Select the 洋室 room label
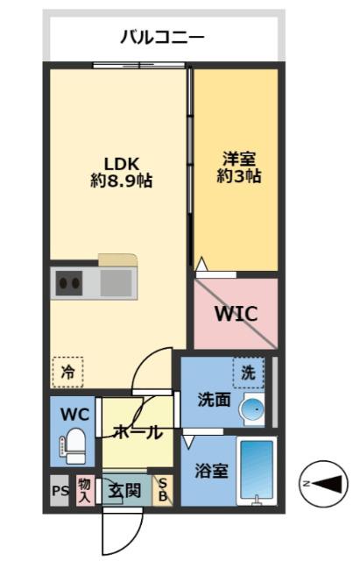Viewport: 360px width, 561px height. (x=236, y=159)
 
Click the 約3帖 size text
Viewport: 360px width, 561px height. (x=236, y=176)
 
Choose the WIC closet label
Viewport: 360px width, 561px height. (x=236, y=312)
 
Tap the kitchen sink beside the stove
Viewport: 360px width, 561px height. (x=115, y=283)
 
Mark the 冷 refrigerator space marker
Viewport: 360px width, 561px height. (x=67, y=372)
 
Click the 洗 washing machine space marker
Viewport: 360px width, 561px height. (x=248, y=373)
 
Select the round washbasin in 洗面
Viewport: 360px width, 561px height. (x=254, y=408)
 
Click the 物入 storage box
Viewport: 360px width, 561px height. (x=85, y=490)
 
